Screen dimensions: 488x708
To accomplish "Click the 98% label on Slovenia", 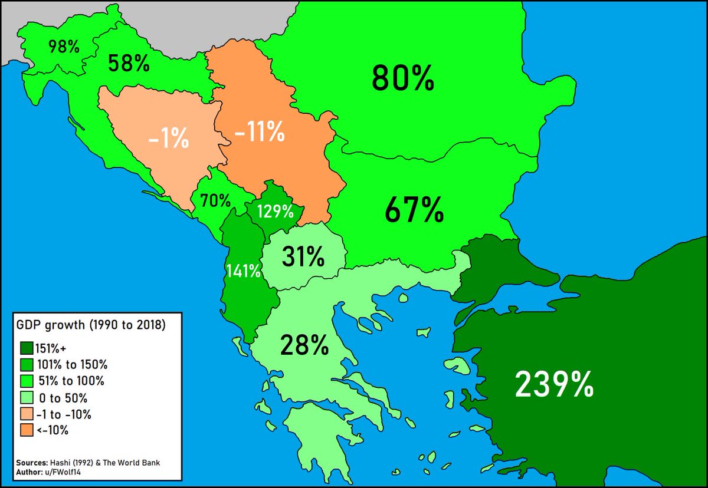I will coord(64,47).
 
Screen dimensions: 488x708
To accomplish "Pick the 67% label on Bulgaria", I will coord(414,211).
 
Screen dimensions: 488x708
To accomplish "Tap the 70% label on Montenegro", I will coord(215,201).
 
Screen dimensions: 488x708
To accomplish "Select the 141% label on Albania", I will coord(244,271).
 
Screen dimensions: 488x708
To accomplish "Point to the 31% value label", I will coord(303,257).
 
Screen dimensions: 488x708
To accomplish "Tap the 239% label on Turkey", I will coord(554,385).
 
